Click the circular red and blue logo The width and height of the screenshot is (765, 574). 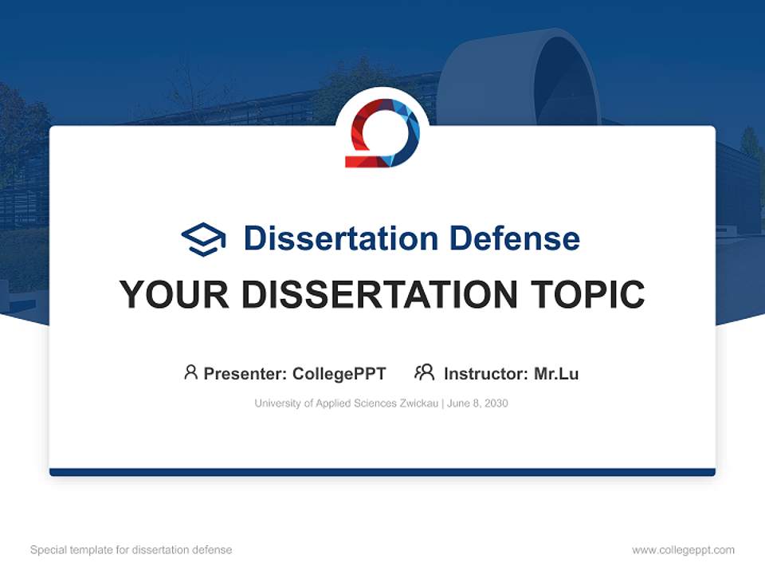pyautogui.click(x=382, y=133)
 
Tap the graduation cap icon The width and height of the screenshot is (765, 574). pyautogui.click(x=203, y=238)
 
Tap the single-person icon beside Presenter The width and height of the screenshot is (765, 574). pyautogui.click(x=190, y=372)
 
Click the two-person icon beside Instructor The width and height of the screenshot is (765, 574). pyautogui.click(x=424, y=372)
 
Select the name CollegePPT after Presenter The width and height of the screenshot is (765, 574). pyautogui.click(x=339, y=373)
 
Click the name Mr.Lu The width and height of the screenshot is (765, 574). pyautogui.click(x=556, y=373)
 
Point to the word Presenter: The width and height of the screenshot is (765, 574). pyautogui.click(x=245, y=373)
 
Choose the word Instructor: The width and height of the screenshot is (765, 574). pyautogui.click(x=485, y=373)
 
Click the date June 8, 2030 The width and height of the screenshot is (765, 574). pyautogui.click(x=477, y=403)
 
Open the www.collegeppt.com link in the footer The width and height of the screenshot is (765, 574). pyautogui.click(x=683, y=550)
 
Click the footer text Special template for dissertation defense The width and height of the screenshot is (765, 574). pyautogui.click(x=131, y=550)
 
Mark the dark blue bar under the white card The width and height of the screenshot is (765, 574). pyautogui.click(x=382, y=472)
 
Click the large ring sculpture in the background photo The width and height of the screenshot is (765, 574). pyautogui.click(x=522, y=76)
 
